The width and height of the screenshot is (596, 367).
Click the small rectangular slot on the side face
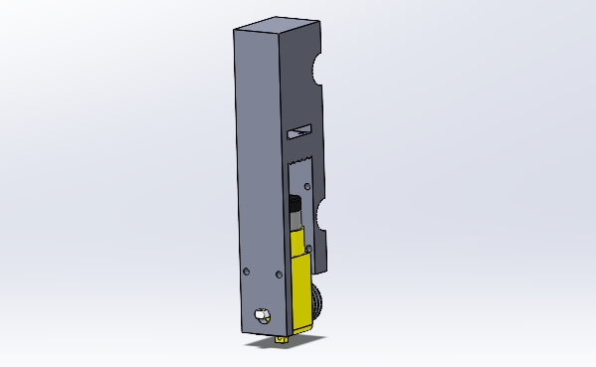click(298, 130)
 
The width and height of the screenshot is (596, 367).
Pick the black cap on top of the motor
click(295, 203)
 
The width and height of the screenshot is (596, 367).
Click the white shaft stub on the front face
click(262, 315)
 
